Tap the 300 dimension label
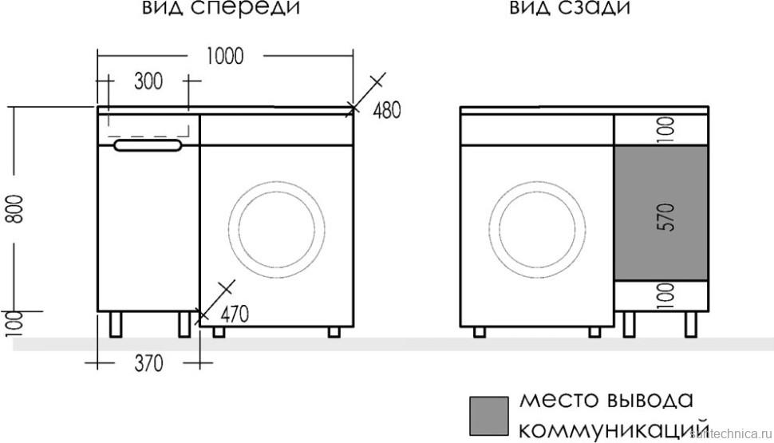(x=148, y=81)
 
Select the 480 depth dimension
(x=386, y=111)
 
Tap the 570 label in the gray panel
(x=666, y=217)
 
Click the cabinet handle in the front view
(x=148, y=145)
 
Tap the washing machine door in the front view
(x=276, y=226)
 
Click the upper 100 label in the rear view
(x=666, y=127)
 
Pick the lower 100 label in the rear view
(x=666, y=296)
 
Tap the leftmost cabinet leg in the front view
(x=115, y=324)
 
